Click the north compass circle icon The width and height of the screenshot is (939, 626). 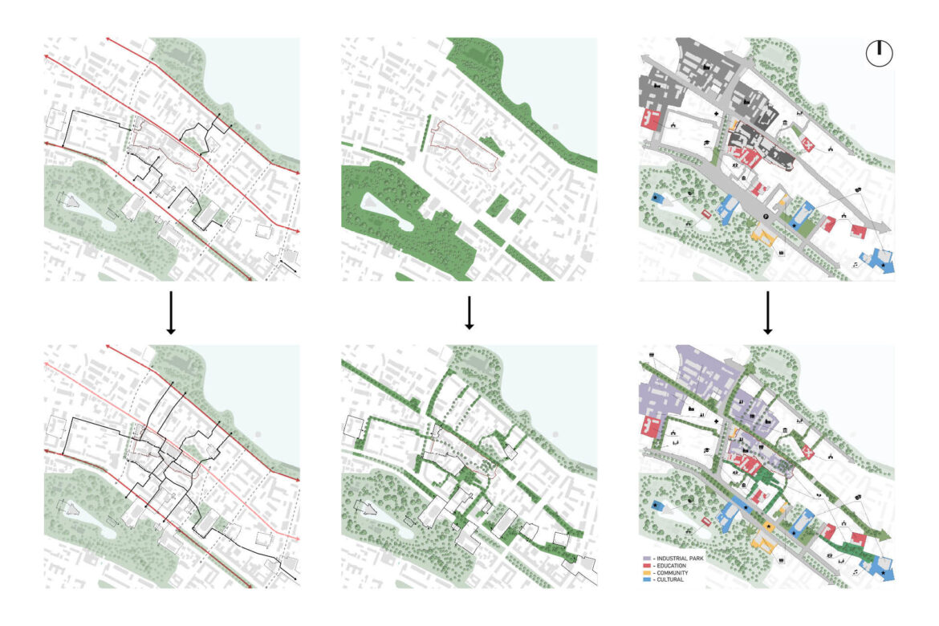(880, 53)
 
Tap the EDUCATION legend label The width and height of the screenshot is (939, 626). (672, 565)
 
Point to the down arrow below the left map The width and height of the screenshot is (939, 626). (170, 314)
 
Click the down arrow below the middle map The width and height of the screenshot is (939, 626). (469, 314)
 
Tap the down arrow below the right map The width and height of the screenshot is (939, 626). (768, 314)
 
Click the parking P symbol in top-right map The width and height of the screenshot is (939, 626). (766, 217)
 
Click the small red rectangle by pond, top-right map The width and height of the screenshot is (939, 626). (706, 214)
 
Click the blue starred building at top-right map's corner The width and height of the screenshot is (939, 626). (884, 263)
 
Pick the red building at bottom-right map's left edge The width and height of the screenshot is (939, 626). (649, 426)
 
